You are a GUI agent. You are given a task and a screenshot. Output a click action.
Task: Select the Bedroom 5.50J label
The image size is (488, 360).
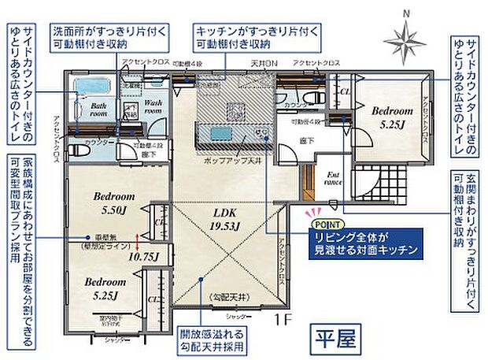pyautogui.click(x=115, y=202)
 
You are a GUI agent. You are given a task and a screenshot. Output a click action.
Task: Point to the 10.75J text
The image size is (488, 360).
pyautogui.click(x=142, y=255)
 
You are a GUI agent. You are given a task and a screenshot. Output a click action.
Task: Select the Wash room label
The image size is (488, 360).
pyautogui.click(x=152, y=106)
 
